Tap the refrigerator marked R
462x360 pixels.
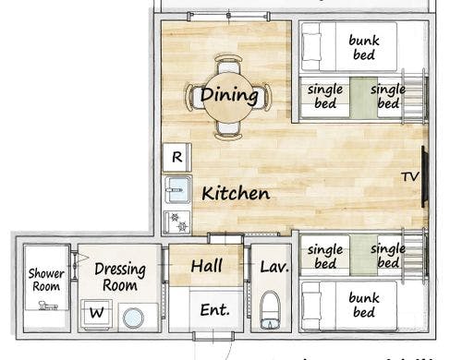177,157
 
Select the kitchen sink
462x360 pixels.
178,190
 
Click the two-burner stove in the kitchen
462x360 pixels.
177,222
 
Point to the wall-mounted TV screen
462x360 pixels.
425,176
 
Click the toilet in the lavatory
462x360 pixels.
270,310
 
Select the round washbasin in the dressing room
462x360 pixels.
133,318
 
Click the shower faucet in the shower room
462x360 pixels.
48,306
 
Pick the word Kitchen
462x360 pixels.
236,194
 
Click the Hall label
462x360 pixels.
206,266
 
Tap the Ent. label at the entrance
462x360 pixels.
214,310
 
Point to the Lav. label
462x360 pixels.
274,267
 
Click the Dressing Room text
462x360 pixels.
120,277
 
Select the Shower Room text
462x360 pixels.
46,280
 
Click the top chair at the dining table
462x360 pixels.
228,64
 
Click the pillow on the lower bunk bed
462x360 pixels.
311,306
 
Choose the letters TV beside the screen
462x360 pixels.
410,176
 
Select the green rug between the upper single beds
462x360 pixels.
363,98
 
